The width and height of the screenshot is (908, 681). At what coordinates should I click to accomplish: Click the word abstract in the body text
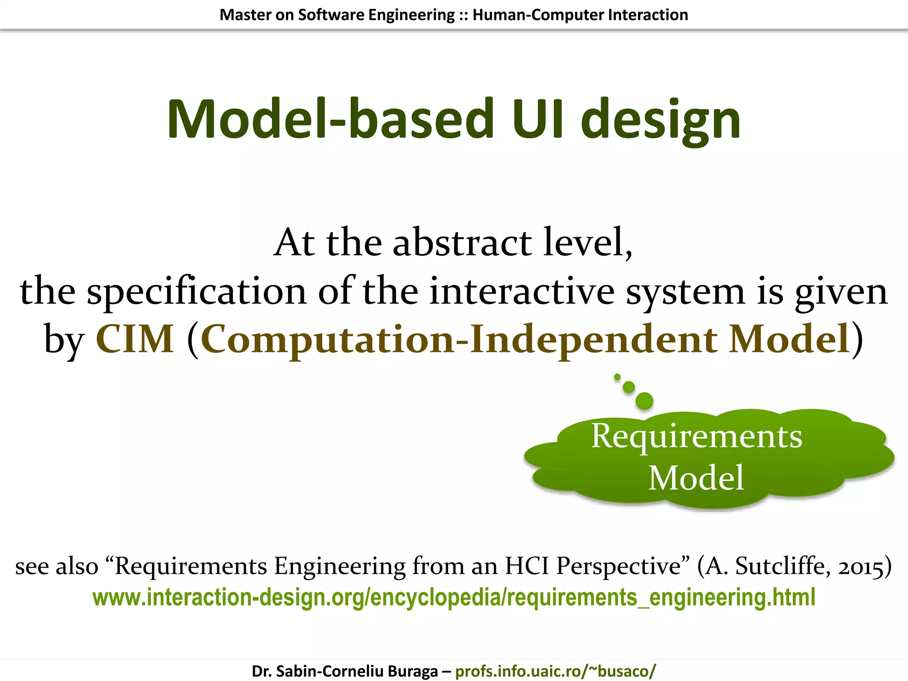coord(462,243)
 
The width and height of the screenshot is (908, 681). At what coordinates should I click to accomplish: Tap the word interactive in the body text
coord(522,291)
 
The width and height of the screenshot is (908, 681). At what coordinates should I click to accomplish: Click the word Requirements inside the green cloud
coord(697,437)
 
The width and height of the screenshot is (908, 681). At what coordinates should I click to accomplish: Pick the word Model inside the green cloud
coord(696,478)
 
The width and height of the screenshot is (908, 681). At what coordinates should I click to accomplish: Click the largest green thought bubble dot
coord(644,401)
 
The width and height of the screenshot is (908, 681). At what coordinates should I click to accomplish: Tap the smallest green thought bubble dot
coord(617,377)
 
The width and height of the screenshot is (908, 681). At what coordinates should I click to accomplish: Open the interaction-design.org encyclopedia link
coord(454,597)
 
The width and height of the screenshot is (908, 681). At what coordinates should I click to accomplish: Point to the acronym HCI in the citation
coord(528,566)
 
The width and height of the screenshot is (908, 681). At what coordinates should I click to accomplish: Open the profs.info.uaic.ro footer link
coord(555,671)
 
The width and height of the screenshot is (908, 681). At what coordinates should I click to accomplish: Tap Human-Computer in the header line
coord(538,15)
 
